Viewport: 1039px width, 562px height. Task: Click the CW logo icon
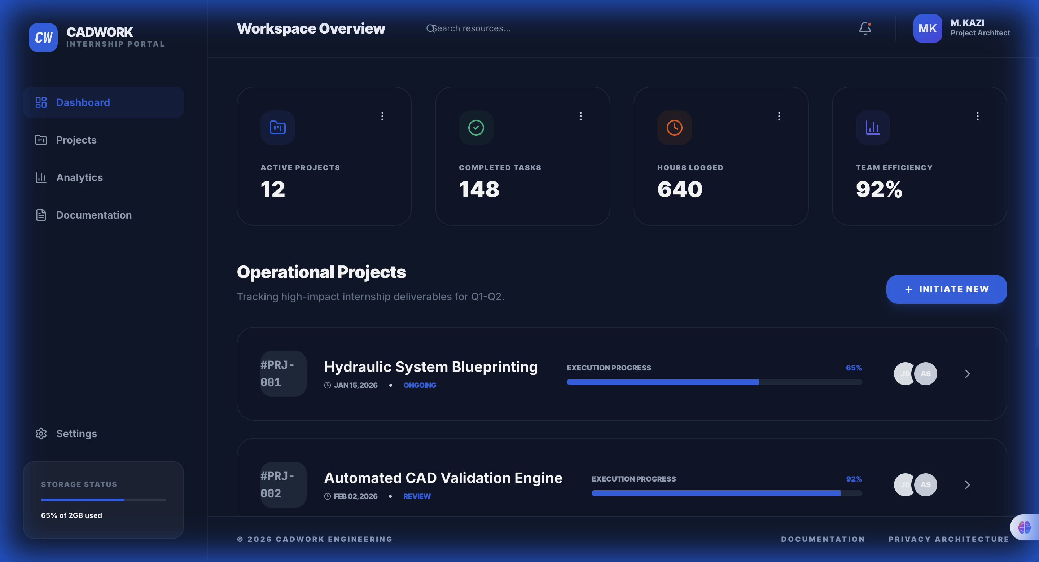(x=43, y=38)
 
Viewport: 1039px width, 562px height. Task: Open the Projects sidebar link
(x=76, y=140)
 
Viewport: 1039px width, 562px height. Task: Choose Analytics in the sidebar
(x=79, y=177)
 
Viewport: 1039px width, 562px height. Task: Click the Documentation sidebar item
(x=93, y=215)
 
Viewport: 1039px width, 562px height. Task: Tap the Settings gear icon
(x=41, y=433)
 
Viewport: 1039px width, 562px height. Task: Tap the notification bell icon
(x=865, y=28)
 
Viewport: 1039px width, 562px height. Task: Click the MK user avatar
(x=927, y=28)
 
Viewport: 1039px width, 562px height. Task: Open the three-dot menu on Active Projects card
(x=382, y=116)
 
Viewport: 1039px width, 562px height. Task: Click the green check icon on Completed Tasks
(x=476, y=128)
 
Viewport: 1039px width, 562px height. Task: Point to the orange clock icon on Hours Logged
(x=674, y=128)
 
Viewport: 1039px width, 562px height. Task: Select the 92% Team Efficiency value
(x=879, y=189)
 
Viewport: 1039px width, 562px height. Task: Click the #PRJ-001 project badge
(x=283, y=374)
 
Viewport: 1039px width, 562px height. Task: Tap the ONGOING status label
(x=420, y=385)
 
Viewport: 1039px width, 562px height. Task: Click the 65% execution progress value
(x=854, y=368)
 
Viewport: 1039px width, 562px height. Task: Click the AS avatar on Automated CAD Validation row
(x=925, y=484)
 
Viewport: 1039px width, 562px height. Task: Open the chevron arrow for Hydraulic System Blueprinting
(x=967, y=374)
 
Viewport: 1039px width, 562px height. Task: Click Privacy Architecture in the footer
(x=949, y=539)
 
